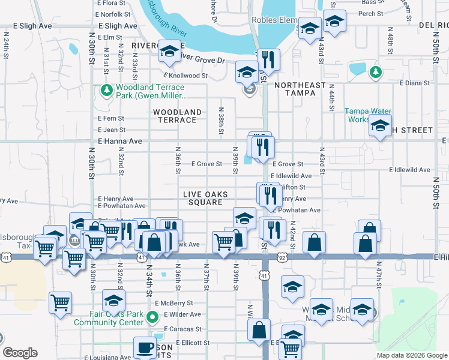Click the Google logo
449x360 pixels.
click(20, 353)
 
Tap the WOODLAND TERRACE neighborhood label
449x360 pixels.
click(177, 116)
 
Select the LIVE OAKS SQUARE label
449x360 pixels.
click(206, 198)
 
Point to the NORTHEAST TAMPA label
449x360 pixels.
click(303, 89)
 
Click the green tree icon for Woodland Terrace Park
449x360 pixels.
click(106, 90)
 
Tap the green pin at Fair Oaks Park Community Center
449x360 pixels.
click(152, 317)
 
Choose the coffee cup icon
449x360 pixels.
click(144, 347)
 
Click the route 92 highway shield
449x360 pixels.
click(282, 257)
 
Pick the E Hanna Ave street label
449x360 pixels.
click(119, 141)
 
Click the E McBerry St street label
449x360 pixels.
click(173, 304)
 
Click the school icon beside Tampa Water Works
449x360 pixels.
click(380, 125)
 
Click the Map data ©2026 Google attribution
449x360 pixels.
click(411, 355)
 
